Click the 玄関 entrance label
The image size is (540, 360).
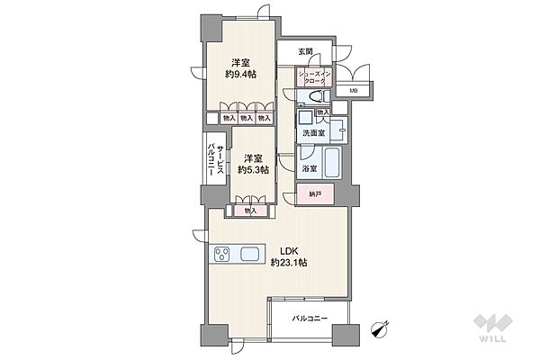coord(305,51)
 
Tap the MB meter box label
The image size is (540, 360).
coord(354,91)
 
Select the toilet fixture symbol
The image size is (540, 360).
coord(317,96)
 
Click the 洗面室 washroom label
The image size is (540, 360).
coord(314,133)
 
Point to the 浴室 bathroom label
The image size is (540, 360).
coord(310,169)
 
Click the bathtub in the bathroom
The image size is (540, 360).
coord(332,162)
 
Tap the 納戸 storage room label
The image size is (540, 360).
coord(315,194)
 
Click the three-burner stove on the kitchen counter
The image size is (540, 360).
coord(221,255)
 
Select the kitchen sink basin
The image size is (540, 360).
coord(249,255)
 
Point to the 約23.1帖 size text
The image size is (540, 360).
coord(289,263)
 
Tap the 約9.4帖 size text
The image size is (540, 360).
coord(240,74)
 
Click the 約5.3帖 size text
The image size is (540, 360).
coord(253,169)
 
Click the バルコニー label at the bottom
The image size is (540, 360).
coord(310,319)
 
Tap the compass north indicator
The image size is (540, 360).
coord(380,328)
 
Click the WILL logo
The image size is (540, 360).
coord(492,328)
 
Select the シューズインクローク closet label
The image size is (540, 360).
coord(314,77)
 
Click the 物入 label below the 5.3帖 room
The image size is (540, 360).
coord(251,211)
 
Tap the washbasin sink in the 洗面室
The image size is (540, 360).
coord(306,119)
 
